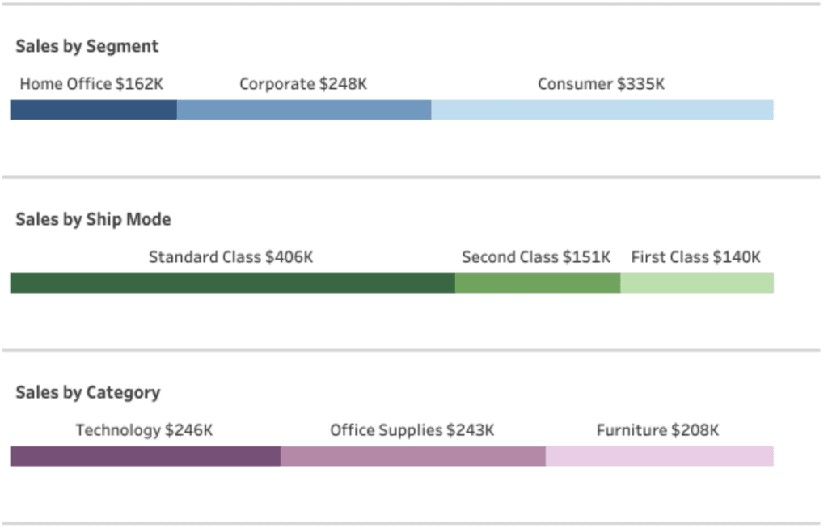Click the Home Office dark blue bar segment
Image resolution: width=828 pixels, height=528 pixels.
pyautogui.click(x=93, y=110)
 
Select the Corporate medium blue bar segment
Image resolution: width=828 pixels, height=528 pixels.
pyautogui.click(x=303, y=110)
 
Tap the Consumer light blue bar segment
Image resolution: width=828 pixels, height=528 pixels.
pyautogui.click(x=602, y=110)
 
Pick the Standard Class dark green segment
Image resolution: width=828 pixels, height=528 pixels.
pyautogui.click(x=232, y=283)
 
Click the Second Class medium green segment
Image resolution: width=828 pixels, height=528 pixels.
pyautogui.click(x=537, y=283)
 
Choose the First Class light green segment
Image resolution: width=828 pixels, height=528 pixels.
pyautogui.click(x=696, y=283)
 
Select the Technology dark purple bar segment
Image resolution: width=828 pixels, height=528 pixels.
pyautogui.click(x=145, y=456)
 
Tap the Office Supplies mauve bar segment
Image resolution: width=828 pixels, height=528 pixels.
pyautogui.click(x=412, y=456)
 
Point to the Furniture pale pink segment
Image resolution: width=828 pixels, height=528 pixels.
pyautogui.click(x=659, y=456)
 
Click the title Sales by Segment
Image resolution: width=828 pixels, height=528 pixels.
pyautogui.click(x=87, y=47)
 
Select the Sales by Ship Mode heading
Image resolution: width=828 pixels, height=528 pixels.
pyautogui.click(x=93, y=220)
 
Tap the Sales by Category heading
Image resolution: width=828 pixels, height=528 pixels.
pyautogui.click(x=88, y=393)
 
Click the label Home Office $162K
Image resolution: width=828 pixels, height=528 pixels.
pyautogui.click(x=91, y=84)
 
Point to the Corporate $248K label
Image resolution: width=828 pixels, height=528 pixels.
pyautogui.click(x=303, y=84)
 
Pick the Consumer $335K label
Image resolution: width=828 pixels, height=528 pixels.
pyautogui.click(x=602, y=84)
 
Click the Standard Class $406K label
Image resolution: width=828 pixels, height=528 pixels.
pyautogui.click(x=230, y=257)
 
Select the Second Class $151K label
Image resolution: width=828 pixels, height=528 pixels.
pyautogui.click(x=536, y=257)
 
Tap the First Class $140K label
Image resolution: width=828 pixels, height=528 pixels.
pyautogui.click(x=696, y=257)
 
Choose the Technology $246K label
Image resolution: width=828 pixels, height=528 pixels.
pyautogui.click(x=145, y=430)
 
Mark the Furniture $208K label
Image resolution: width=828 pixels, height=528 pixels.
pyautogui.click(x=657, y=430)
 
